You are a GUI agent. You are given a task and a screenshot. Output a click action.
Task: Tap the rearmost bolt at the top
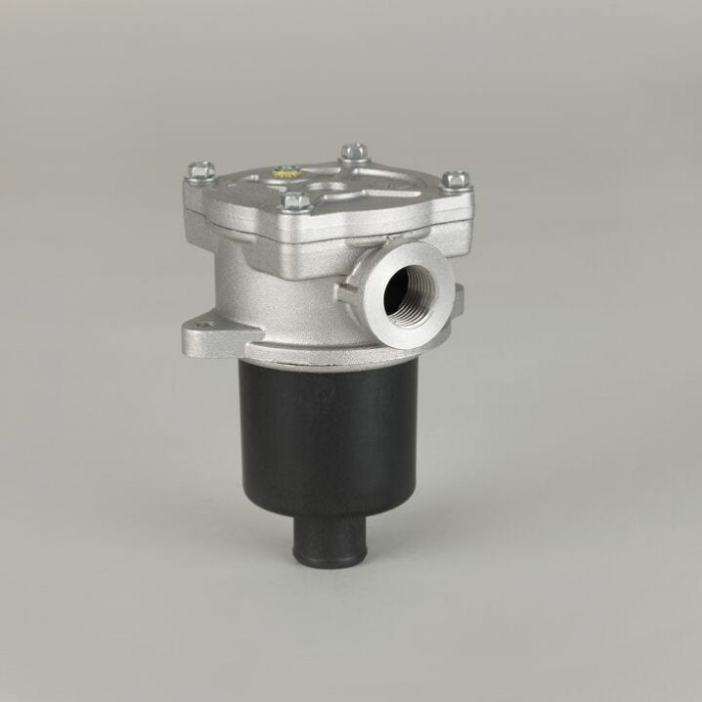point(354,153)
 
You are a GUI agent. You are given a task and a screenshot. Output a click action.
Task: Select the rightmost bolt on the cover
point(457,180)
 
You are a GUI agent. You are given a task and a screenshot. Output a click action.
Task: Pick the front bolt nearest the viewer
point(297,202)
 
